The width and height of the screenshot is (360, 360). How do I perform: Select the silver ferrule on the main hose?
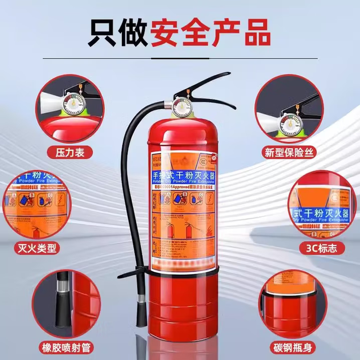click(x=141, y=297)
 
